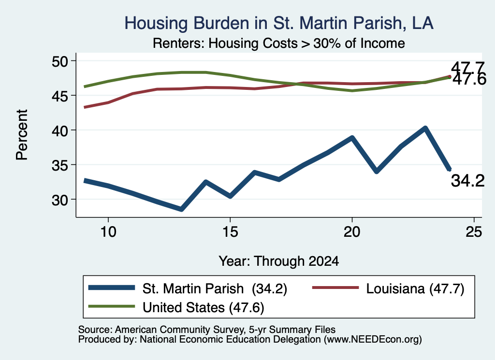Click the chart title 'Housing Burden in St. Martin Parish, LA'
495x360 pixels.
[x=279, y=23]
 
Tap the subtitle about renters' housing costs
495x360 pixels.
[x=279, y=43]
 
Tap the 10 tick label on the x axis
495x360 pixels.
[x=108, y=232]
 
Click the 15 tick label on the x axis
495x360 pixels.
[x=230, y=232]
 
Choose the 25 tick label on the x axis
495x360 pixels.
[x=474, y=232]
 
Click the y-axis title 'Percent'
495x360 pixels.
[x=22, y=135]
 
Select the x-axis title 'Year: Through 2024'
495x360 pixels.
[x=279, y=261]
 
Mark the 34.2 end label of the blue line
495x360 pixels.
[x=467, y=181]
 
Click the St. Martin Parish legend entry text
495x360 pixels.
[x=215, y=288]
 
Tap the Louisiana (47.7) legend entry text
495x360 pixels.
[x=415, y=288]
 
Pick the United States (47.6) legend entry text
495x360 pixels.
[x=204, y=308]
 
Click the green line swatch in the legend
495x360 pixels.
[x=112, y=306]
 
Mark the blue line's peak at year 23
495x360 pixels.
[x=425, y=128]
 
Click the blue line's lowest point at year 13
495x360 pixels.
[x=181, y=209]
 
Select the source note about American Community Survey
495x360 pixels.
[x=207, y=330]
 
